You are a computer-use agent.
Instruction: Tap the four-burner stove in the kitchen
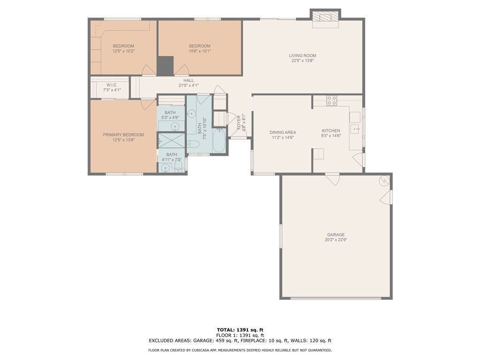[x=331, y=101]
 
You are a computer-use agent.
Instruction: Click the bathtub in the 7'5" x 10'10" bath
[x=219, y=141]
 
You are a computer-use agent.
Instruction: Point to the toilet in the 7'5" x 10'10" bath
[x=193, y=143]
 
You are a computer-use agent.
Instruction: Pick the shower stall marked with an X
[x=172, y=141]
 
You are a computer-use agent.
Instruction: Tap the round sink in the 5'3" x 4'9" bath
[x=175, y=126]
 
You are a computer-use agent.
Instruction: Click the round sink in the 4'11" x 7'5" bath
[x=165, y=168]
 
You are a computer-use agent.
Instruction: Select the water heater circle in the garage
[x=383, y=181]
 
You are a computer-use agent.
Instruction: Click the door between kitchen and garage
[x=332, y=179]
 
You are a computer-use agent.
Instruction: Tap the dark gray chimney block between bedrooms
[x=165, y=66]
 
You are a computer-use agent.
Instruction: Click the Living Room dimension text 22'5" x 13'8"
[x=302, y=60]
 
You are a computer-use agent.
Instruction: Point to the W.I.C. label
[x=112, y=85]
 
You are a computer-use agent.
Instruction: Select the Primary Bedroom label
[x=123, y=135]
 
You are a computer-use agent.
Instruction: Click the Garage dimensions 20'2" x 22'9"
[x=336, y=240]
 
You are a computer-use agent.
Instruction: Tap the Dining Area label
[x=283, y=132]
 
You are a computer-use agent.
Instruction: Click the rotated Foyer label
[x=239, y=122]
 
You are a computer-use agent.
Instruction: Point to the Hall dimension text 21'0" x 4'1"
[x=188, y=85]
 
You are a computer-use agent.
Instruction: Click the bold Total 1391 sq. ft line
[x=240, y=330]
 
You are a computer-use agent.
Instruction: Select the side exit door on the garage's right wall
[x=387, y=197]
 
